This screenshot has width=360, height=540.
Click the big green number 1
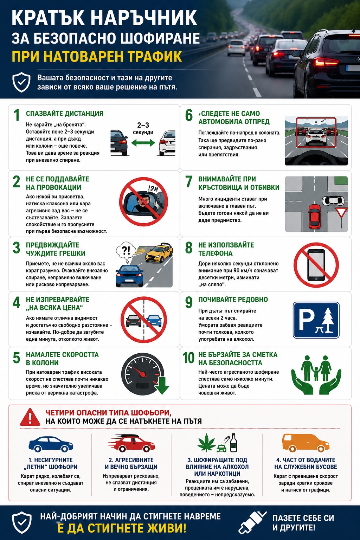click(17, 115)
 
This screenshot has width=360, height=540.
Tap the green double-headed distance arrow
click(143, 143)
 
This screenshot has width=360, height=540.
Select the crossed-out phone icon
click(316, 265)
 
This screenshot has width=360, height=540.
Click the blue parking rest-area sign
click(316, 320)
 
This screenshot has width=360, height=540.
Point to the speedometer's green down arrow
click(162, 385)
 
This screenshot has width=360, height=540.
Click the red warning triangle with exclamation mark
click(30, 417)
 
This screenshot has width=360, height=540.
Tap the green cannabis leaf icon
click(207, 442)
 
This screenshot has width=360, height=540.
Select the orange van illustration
click(306, 443)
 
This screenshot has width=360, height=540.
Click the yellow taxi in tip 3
click(159, 253)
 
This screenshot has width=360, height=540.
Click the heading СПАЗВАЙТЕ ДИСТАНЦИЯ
click(65, 114)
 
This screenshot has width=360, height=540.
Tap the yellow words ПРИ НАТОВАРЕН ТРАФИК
click(97, 56)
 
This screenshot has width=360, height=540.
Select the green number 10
click(188, 358)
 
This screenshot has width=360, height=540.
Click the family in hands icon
click(316, 375)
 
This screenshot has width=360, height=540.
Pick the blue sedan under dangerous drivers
click(51, 444)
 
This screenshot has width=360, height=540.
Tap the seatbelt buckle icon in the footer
click(252, 522)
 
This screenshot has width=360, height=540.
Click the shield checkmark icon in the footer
click(22, 522)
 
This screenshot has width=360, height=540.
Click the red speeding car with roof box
click(131, 443)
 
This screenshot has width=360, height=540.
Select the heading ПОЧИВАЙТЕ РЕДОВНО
click(233, 300)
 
